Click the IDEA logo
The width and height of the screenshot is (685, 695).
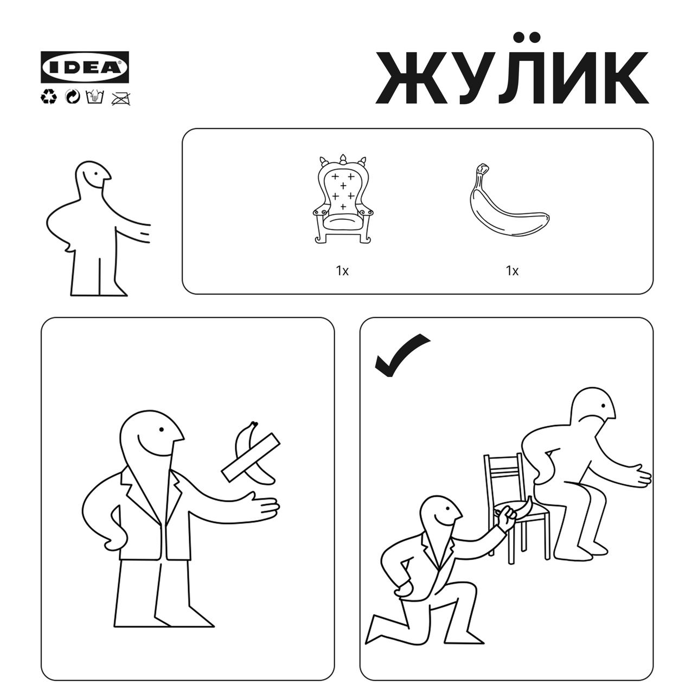[85, 67]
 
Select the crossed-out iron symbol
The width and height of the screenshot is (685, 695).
[121, 98]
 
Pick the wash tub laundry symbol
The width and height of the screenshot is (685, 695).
[95, 97]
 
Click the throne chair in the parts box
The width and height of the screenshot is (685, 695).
[343, 199]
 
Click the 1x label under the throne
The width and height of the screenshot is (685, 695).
[342, 270]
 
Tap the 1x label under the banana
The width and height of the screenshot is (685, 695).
[512, 270]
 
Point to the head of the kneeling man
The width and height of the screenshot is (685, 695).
[439, 514]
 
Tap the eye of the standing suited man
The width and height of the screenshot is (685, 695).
[162, 429]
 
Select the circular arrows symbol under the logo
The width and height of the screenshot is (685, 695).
[73, 97]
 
